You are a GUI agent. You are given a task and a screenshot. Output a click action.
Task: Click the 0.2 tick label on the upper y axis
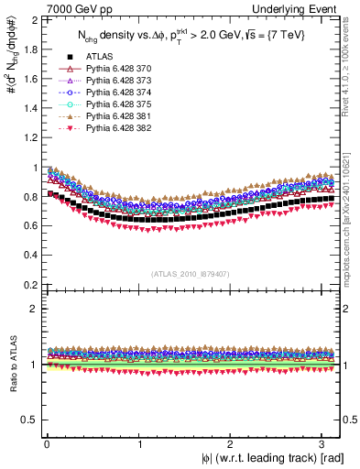pyautogui.click(x=31, y=284)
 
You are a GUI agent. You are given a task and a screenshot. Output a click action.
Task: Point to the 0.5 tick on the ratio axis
pyautogui.click(x=31, y=420)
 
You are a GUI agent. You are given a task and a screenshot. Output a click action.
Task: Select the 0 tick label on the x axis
pyautogui.click(x=46, y=444)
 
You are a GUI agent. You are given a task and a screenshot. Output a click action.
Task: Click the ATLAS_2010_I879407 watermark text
pyautogui.click(x=191, y=272)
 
